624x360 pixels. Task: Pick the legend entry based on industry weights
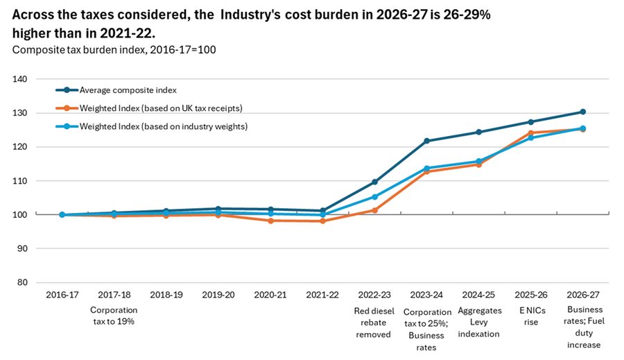point(153,126)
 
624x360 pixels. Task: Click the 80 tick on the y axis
point(21,282)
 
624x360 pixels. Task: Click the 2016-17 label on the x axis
point(62,295)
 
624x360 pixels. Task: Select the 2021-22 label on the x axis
point(322,295)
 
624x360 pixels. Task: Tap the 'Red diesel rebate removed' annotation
point(374,322)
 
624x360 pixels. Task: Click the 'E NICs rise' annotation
point(531,316)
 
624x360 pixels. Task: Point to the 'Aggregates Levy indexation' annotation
point(478,322)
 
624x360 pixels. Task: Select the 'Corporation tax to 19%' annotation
point(114,316)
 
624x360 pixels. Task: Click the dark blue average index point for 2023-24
point(426,141)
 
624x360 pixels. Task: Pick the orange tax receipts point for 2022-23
point(374,210)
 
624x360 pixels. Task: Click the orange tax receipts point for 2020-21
point(270,221)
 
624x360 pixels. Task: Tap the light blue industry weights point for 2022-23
point(374,197)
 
